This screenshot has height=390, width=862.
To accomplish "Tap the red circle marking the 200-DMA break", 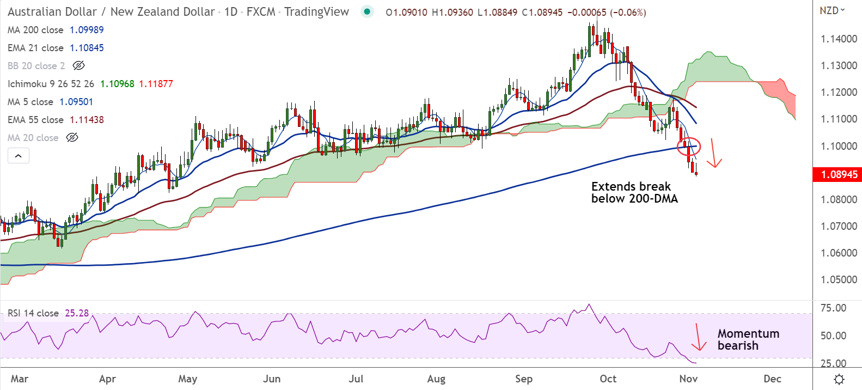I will click(688, 146).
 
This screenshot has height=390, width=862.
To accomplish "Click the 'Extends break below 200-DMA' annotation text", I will click(634, 193).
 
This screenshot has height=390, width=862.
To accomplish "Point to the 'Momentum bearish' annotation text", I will click(748, 339).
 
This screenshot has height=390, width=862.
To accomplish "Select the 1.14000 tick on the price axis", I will click(839, 39).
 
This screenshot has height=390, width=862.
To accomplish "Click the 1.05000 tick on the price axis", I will click(839, 279).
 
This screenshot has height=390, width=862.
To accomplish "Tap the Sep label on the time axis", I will click(523, 379).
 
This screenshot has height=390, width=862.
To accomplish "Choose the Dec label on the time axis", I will click(772, 379).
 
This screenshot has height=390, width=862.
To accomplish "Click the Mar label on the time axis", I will click(20, 379).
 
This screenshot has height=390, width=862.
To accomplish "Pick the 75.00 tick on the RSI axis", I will click(833, 308).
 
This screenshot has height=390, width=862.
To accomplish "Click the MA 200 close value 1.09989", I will click(87, 30).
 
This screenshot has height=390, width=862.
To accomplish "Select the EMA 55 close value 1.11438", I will click(87, 120).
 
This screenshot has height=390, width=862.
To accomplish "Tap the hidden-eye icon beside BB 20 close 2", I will click(78, 66).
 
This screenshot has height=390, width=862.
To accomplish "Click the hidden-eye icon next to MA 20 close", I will click(72, 138).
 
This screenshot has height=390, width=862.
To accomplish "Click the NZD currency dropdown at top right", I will click(832, 10).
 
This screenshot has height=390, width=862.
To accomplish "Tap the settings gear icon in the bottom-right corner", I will click(839, 379).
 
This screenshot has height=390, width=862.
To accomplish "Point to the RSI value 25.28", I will click(77, 313).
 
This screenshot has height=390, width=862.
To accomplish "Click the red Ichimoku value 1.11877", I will click(156, 84).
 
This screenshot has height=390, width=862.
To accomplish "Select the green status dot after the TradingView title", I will click(367, 11).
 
